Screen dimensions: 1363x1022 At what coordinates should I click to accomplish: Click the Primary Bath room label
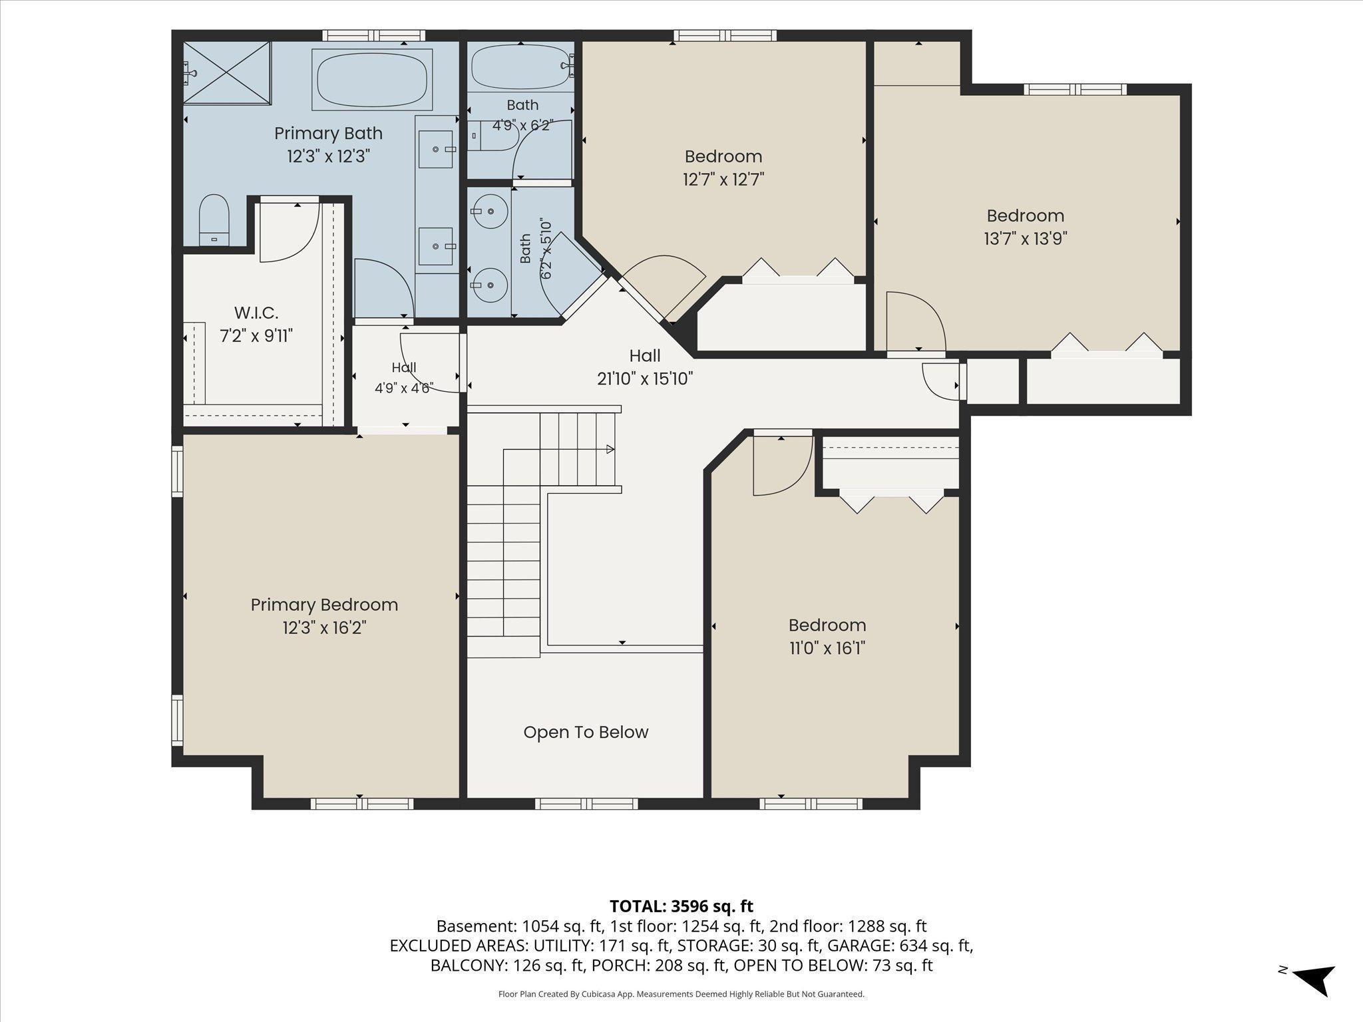(328, 133)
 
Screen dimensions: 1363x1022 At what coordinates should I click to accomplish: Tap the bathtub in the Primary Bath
(372, 79)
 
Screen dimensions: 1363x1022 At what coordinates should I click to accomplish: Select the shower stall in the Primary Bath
(226, 73)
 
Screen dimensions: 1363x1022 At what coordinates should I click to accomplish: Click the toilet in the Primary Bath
(214, 220)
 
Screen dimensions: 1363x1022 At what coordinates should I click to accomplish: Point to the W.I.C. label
(256, 313)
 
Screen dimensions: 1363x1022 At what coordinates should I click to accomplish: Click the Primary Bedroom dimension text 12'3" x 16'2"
(324, 627)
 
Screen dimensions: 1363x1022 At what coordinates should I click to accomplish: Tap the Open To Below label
(586, 732)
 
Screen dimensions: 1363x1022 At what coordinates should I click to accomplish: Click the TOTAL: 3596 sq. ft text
(681, 906)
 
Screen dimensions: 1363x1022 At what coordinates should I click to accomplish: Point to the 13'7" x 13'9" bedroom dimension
(1026, 238)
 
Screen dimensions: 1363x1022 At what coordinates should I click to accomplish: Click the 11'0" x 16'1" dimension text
(827, 647)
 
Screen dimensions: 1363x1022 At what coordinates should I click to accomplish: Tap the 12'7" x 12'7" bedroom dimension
(723, 179)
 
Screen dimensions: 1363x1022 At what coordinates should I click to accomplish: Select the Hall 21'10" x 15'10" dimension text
(645, 379)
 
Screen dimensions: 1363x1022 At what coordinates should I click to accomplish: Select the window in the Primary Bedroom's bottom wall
(362, 804)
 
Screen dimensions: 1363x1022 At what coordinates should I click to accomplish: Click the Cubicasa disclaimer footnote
(681, 994)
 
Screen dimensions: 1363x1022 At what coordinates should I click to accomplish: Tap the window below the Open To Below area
(586, 804)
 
